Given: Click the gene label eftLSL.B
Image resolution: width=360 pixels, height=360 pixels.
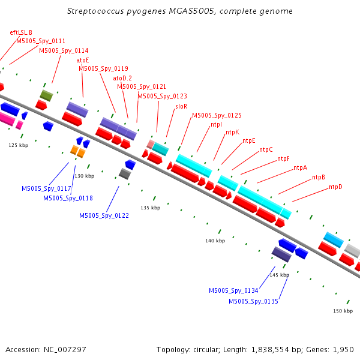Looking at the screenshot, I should [21, 32].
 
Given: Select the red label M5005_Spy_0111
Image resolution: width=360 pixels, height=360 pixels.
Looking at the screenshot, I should [41, 41].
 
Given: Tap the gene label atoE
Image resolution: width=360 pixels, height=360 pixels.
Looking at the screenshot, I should [83, 60].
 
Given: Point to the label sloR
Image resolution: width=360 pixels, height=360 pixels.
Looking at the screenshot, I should [181, 106].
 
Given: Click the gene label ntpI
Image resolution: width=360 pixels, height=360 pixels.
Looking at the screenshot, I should [217, 124].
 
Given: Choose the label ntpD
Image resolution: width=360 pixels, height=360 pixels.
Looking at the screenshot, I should [335, 187].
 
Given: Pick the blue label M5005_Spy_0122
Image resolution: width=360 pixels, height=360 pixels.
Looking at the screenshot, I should [104, 215].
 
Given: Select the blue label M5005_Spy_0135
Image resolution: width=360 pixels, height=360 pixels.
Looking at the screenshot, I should [253, 301].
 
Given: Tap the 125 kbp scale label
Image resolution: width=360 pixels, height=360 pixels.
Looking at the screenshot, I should [18, 145].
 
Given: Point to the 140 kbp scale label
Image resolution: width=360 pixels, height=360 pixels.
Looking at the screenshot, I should [215, 241].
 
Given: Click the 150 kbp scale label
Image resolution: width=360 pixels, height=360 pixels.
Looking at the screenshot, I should [343, 311].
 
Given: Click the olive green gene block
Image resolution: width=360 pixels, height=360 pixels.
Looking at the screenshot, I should [46, 94].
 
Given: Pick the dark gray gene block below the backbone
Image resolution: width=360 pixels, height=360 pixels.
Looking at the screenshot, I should [125, 174].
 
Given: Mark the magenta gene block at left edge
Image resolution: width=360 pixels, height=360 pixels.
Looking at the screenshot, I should [6, 119].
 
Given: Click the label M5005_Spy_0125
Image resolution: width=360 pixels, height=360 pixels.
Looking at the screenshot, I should [217, 115].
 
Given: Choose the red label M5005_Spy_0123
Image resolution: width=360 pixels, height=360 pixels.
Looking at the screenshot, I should [162, 96].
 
